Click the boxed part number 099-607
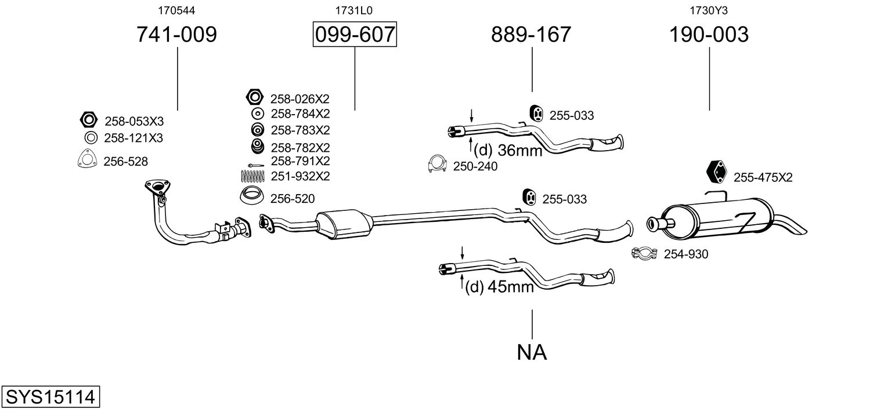[x=355, y=35]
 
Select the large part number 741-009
[x=176, y=35]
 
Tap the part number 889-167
[x=531, y=35]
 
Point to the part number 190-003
[x=709, y=35]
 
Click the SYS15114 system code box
[x=50, y=397]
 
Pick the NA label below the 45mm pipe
[x=532, y=352]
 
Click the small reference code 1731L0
[x=353, y=10]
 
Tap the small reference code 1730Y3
[x=709, y=10]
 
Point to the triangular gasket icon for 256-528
[x=86, y=160]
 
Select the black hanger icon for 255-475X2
[x=717, y=173]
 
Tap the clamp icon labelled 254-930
[x=643, y=253]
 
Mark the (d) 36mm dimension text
[x=507, y=151]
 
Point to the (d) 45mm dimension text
[x=499, y=286]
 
